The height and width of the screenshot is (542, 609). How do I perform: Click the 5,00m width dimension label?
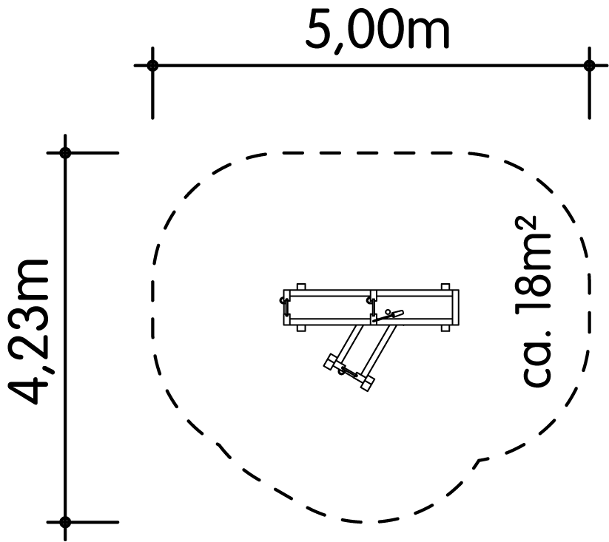[x=377, y=33]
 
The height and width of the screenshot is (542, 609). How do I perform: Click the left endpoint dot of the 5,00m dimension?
[x=152, y=65]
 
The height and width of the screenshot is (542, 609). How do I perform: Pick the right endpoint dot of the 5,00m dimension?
[x=589, y=65]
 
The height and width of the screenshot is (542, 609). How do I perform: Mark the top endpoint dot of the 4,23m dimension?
[x=65, y=153]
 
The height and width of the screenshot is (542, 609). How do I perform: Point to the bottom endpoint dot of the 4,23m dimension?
[x=65, y=522]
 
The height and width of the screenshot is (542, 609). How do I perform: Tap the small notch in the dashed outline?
[x=482, y=461]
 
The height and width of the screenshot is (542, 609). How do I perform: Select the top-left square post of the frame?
[x=301, y=287]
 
